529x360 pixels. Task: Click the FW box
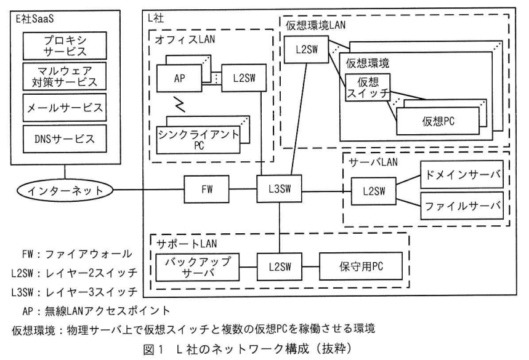(x=206, y=189)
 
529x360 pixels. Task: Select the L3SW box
(x=279, y=188)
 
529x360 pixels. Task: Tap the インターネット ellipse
(x=65, y=190)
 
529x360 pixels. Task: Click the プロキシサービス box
(x=65, y=46)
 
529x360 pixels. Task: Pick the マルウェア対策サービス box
(x=65, y=76)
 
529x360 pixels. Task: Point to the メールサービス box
(x=65, y=108)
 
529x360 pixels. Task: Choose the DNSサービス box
(x=65, y=138)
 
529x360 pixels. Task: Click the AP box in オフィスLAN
(x=179, y=78)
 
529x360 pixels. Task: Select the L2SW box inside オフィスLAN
(x=244, y=78)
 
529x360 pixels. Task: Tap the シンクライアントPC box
(x=198, y=140)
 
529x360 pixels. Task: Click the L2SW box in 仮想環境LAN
(x=306, y=50)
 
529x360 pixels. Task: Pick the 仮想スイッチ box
(x=368, y=87)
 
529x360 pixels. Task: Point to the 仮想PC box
(x=438, y=121)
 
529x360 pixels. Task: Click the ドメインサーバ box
(x=462, y=174)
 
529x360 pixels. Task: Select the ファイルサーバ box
(x=462, y=206)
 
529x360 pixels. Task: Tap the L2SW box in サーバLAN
(x=373, y=191)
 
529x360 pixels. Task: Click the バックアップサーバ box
(x=197, y=267)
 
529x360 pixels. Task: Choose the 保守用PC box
(x=361, y=266)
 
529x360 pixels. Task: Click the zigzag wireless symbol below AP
(x=179, y=104)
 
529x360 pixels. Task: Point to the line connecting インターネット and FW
(x=148, y=190)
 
